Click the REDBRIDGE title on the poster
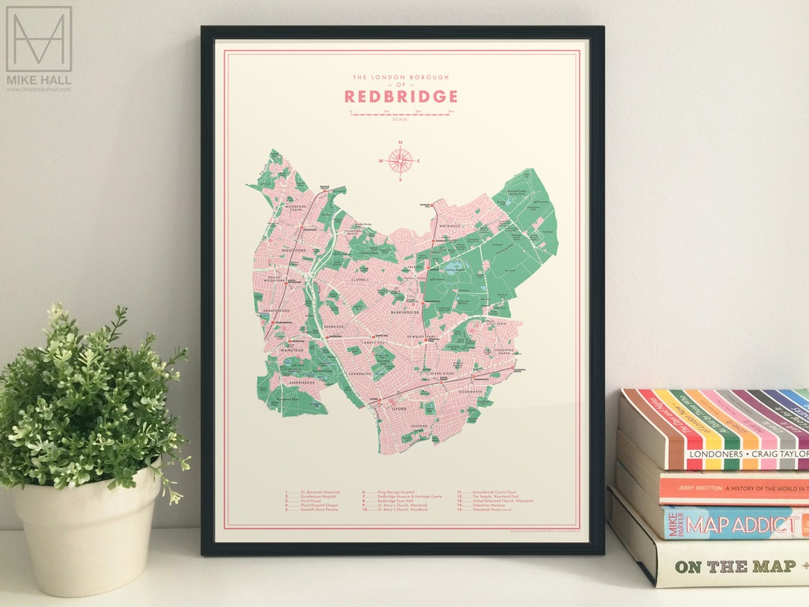[401, 97]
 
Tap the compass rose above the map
[401, 160]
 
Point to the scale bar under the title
[401, 114]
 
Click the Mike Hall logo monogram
[39, 39]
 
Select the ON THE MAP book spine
[730, 567]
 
